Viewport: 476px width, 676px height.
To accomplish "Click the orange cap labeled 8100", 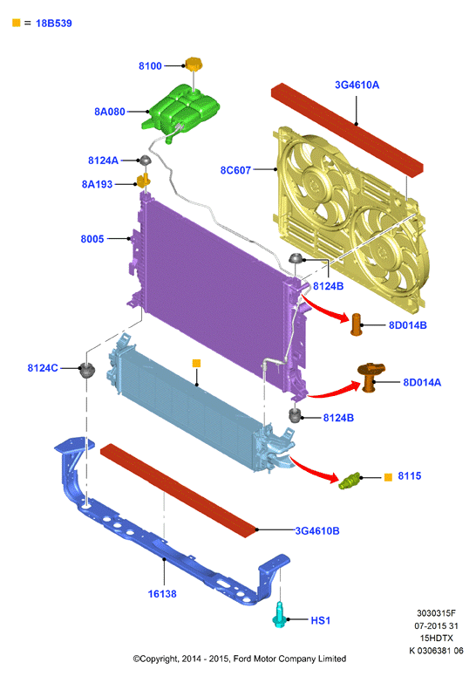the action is (194, 65).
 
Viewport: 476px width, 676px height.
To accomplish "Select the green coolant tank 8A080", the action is (181, 111).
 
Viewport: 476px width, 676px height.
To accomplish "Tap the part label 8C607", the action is (235, 170).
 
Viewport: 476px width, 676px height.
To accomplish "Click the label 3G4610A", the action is (357, 85).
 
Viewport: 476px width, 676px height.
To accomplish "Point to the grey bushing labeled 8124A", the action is (146, 160).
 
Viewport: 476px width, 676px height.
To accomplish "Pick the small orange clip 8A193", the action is (144, 181).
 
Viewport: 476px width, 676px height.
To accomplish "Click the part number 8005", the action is (92, 239).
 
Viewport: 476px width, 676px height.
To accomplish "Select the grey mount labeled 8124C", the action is (87, 370).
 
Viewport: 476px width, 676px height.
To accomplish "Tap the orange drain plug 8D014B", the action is (357, 324).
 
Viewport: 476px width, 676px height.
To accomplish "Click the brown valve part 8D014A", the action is (370, 377).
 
